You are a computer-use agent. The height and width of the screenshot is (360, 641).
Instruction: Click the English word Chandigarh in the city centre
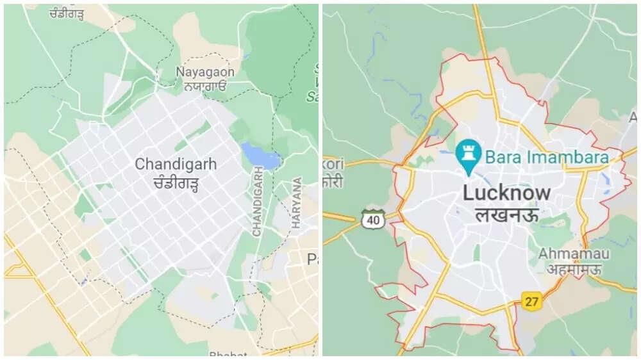(175, 164)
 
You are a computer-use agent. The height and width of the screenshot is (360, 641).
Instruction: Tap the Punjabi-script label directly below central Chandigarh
(175, 184)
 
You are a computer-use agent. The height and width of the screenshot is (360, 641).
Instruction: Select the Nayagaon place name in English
(206, 72)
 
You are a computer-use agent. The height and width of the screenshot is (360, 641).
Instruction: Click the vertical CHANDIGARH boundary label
(257, 202)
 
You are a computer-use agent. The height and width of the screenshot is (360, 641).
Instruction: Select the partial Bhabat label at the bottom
(224, 353)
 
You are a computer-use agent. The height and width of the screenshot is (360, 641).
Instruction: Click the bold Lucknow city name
(506, 192)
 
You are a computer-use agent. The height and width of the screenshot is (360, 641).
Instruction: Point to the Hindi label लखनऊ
(506, 215)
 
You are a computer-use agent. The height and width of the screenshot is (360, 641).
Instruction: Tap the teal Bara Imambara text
(554, 156)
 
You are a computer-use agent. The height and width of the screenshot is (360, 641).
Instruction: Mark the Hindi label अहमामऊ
(573, 269)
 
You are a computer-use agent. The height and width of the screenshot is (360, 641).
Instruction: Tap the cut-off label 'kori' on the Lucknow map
(333, 164)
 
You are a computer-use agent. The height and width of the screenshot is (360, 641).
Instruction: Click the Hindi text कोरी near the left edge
(333, 181)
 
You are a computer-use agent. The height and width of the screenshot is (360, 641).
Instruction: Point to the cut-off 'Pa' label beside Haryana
(313, 259)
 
